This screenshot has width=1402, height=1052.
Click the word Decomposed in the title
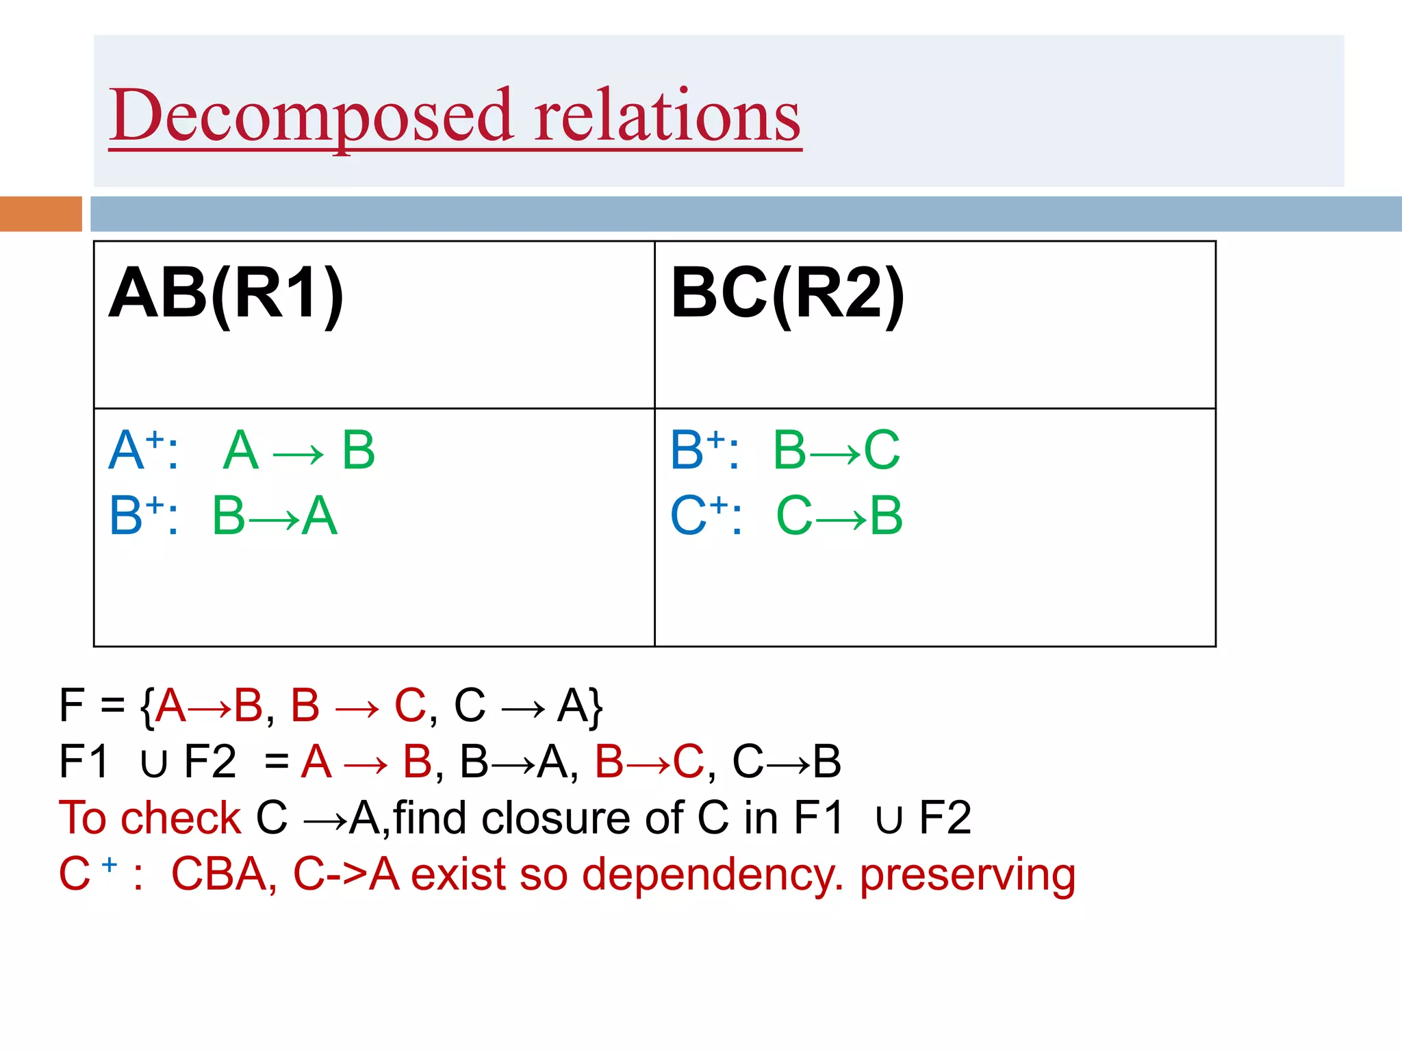click(311, 116)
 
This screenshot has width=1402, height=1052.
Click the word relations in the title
click(667, 116)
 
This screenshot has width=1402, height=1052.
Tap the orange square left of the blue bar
click(40, 214)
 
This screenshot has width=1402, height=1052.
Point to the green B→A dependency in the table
click(275, 516)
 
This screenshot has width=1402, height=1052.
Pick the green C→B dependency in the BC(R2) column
click(839, 516)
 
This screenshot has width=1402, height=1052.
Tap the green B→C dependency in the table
click(837, 450)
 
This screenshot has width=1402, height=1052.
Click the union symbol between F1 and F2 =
click(153, 763)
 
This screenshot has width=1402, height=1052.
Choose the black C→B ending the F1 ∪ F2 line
click(787, 762)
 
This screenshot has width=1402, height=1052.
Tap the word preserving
click(967, 875)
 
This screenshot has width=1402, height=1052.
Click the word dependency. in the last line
click(712, 875)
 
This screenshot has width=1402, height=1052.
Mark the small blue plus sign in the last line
click(110, 864)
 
